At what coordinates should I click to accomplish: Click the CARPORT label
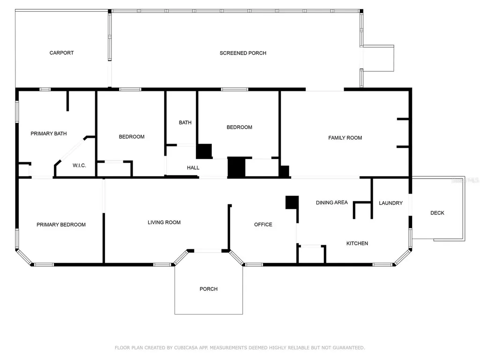point(61,53)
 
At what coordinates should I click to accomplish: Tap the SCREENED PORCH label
point(243,53)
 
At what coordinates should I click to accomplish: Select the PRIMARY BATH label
point(49,134)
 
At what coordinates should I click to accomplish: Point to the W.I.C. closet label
point(79,165)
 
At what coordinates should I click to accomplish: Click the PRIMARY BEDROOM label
point(61,225)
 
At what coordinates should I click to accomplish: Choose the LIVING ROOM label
point(164,222)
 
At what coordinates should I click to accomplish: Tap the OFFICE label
point(263,225)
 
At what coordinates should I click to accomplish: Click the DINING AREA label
point(331,202)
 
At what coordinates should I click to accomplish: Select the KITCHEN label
point(357,243)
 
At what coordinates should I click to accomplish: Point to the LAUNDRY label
point(390,203)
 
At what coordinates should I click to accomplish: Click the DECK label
point(437,213)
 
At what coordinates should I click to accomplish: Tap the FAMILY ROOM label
point(345,138)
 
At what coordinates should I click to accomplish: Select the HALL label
point(193,167)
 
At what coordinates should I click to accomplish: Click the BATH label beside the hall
point(185,123)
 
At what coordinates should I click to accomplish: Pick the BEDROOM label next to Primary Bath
point(131,137)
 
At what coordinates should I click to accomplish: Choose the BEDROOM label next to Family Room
point(239,127)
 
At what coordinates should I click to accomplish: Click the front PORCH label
point(209,289)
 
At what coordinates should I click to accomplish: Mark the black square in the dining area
point(292,202)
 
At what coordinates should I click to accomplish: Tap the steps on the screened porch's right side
point(379,58)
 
